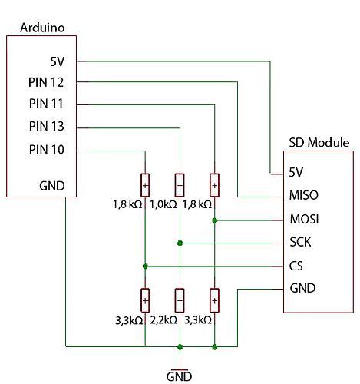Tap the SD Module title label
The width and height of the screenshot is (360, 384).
319,143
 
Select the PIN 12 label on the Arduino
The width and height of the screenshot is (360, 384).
46,82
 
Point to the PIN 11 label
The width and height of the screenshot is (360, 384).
46,104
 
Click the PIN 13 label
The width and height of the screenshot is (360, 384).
46,126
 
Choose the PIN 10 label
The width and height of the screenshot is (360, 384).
46,148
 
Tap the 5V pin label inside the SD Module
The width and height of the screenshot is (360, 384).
298,172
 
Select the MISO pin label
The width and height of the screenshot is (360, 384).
304,195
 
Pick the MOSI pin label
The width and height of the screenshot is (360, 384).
304,220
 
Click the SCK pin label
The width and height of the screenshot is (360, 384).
301,243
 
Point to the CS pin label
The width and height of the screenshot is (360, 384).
297,266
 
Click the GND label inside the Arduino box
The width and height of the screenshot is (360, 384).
51,185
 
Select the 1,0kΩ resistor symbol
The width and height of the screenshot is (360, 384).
179,185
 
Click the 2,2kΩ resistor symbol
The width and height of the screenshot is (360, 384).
179,298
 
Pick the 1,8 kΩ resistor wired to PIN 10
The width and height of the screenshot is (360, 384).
144,185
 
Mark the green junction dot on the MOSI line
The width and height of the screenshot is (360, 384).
214,220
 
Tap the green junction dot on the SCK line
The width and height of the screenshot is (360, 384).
179,243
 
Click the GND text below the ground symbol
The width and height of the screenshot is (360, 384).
179,376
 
